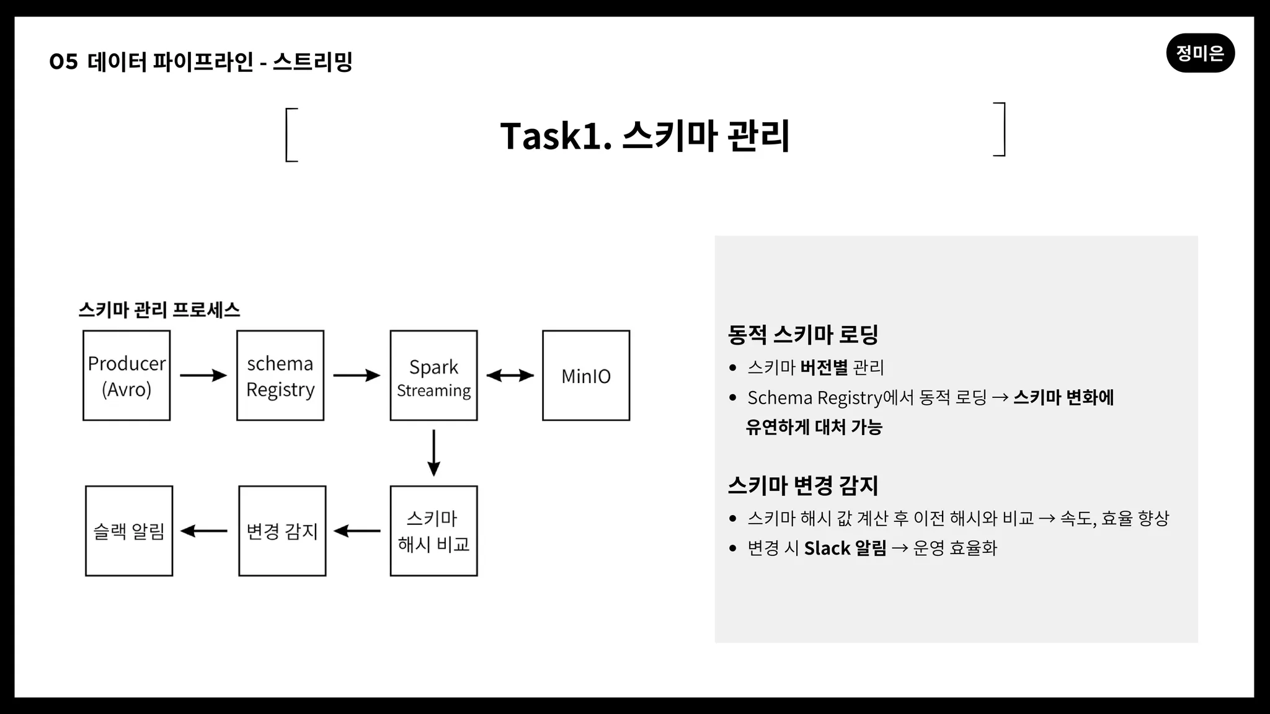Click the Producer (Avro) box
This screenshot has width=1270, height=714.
[127, 376]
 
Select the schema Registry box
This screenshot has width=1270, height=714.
[280, 376]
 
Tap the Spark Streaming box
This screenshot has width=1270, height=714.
[434, 376]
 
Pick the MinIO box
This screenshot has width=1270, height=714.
[586, 376]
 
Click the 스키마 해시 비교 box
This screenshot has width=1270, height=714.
[434, 531]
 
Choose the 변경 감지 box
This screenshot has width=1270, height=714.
[282, 531]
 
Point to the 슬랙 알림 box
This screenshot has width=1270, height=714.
[129, 531]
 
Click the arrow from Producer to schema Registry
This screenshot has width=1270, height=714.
[203, 375]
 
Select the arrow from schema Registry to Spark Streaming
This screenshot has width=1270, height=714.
[357, 375]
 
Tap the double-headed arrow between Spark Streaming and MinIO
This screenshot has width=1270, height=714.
[510, 375]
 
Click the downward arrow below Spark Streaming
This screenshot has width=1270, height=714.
[434, 453]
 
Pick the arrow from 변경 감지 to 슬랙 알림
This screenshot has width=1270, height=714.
[204, 531]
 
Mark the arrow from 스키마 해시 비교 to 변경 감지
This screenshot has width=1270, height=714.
[357, 531]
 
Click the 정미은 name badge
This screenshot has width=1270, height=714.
[1201, 53]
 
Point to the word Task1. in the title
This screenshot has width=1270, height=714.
[556, 136]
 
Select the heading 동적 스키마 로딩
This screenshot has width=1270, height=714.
[803, 335]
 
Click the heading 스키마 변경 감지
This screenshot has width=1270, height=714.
[803, 485]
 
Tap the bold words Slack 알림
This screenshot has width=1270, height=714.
[845, 548]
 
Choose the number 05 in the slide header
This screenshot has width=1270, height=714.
[64, 61]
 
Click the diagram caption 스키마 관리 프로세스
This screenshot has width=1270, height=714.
[159, 310]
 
